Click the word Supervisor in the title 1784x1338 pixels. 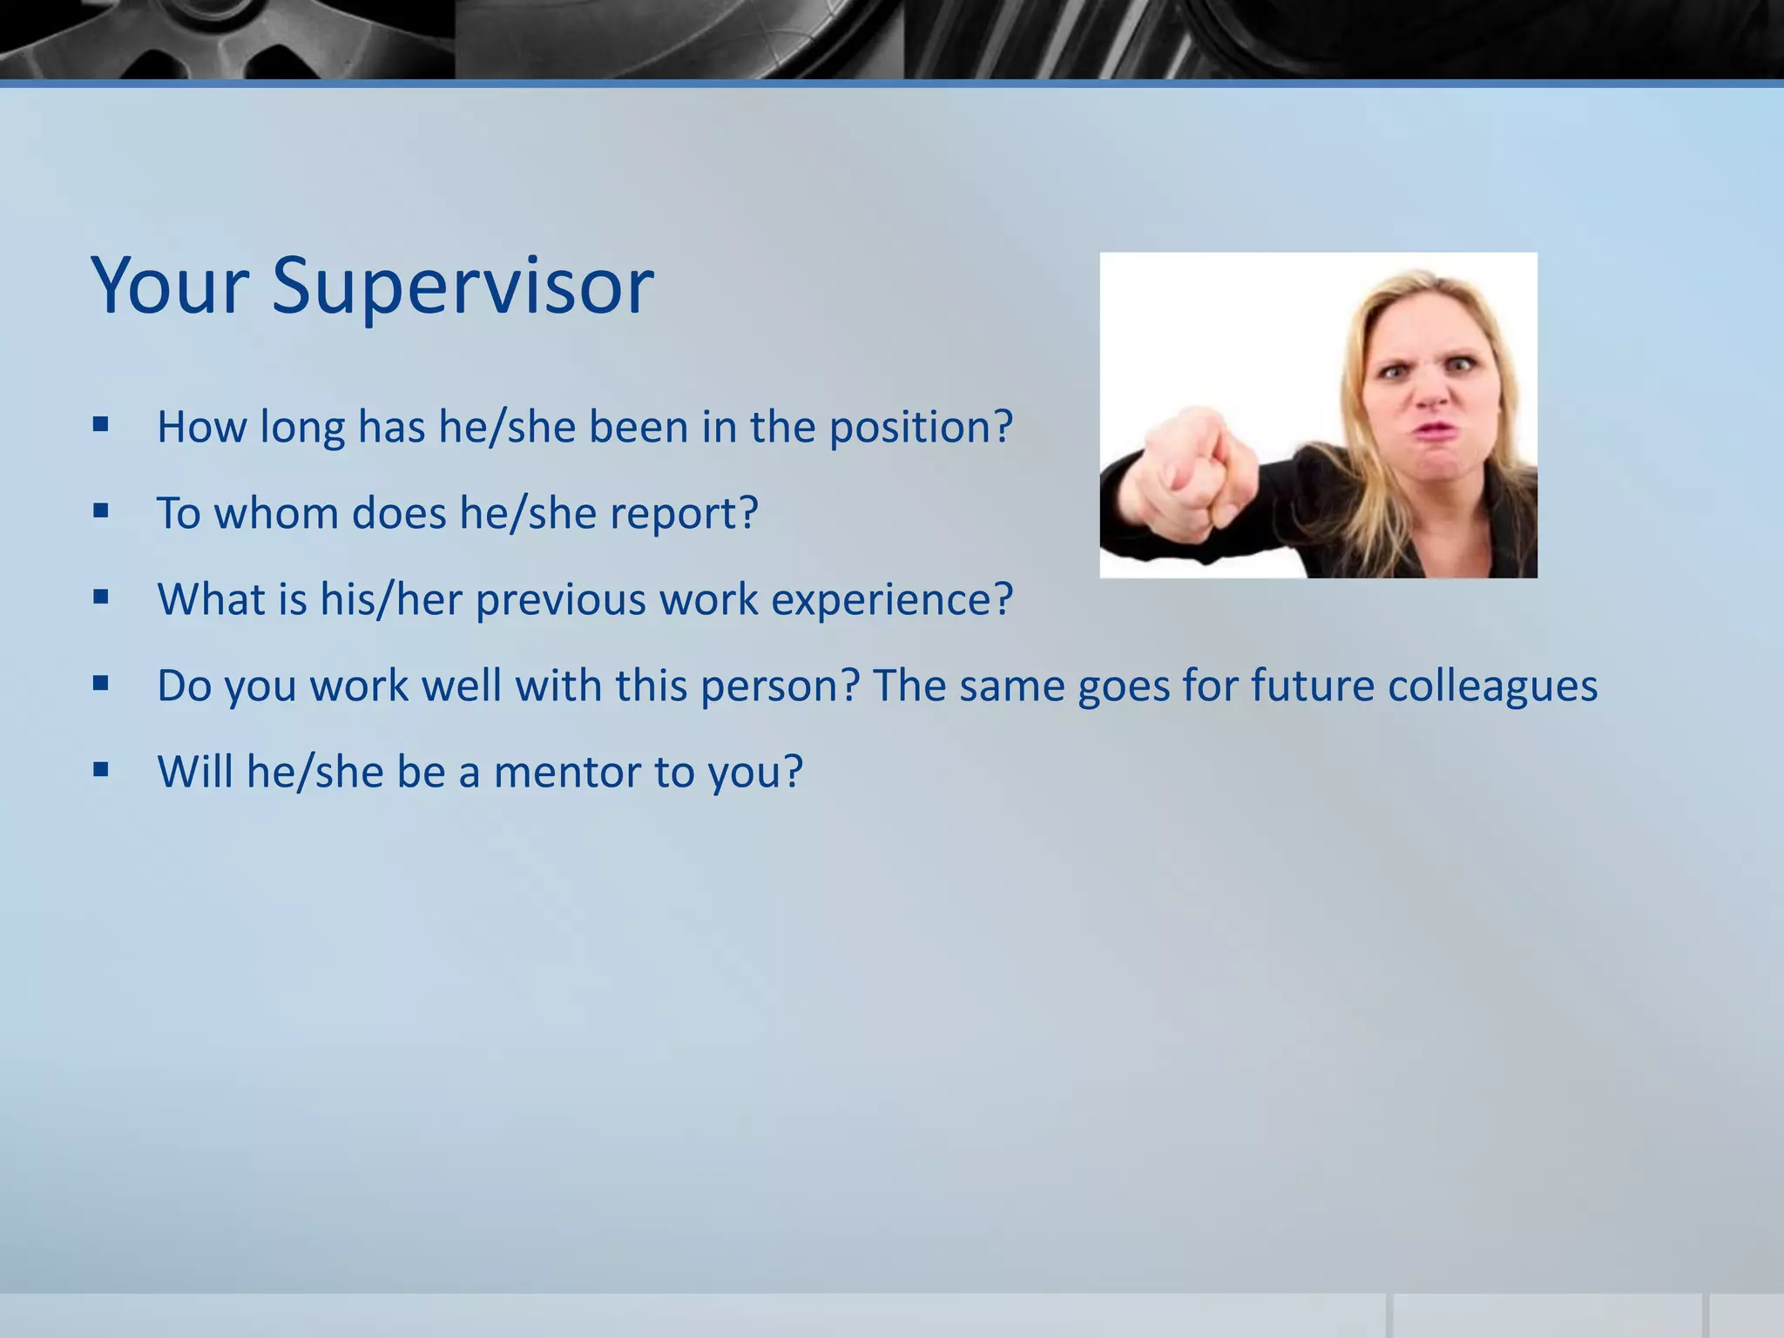(x=463, y=286)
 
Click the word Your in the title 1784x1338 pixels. (x=171, y=286)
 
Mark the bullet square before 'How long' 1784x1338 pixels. (x=101, y=425)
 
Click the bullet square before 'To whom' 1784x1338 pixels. (x=101, y=511)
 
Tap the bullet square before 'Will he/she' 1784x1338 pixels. (x=101, y=770)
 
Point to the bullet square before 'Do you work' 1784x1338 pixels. (x=101, y=684)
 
